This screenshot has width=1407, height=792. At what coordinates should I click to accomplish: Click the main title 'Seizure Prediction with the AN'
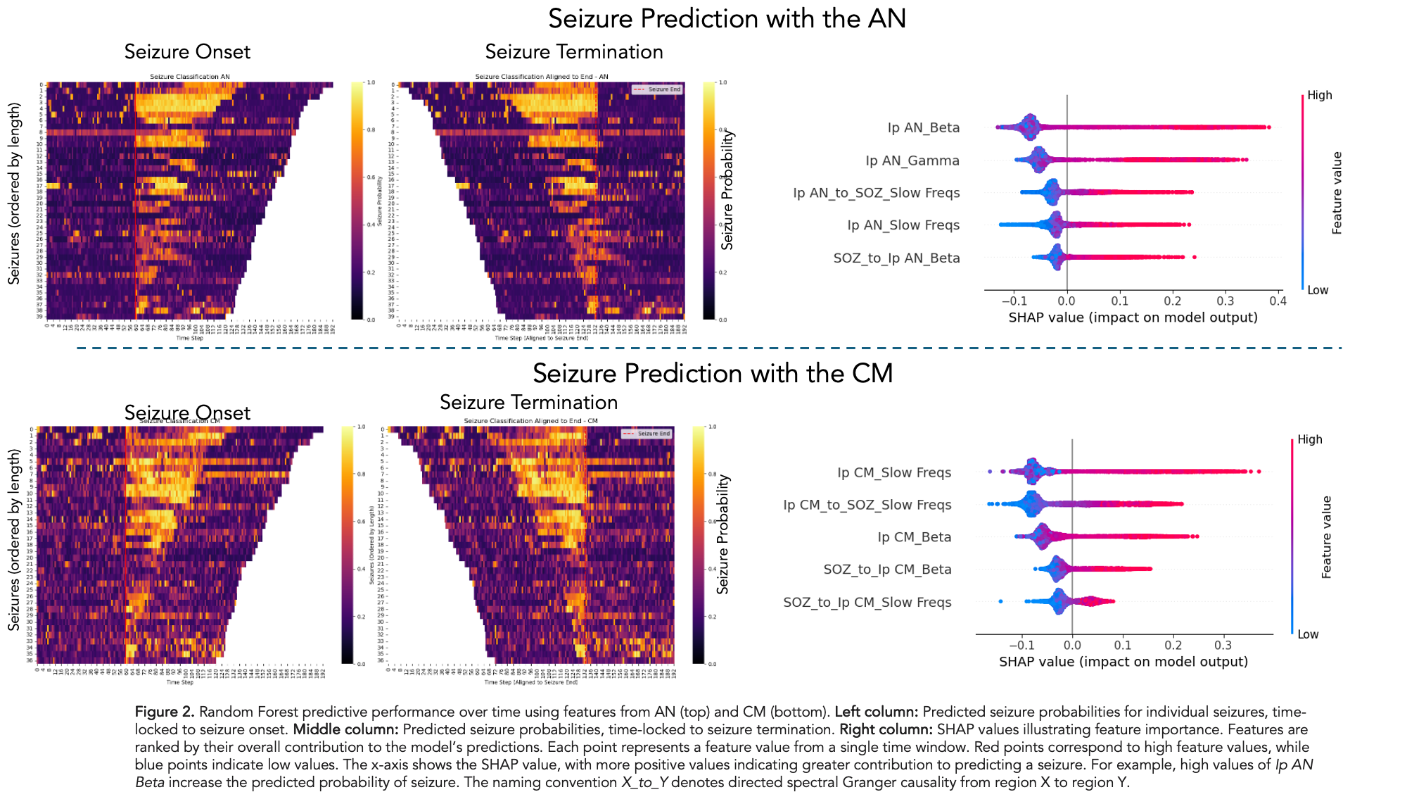[727, 19]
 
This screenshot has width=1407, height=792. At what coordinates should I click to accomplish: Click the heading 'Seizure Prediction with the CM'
[712, 373]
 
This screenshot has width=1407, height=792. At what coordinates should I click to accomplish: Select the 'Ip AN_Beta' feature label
[923, 127]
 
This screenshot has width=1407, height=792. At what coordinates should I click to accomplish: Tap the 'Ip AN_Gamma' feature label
[912, 161]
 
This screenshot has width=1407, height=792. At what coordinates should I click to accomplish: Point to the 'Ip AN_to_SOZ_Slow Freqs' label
[876, 193]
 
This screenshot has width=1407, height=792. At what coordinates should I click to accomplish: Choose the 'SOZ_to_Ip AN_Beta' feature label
[896, 258]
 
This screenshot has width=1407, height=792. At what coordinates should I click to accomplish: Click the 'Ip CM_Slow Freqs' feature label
[893, 472]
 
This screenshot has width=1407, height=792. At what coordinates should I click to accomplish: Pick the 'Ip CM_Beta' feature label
[914, 537]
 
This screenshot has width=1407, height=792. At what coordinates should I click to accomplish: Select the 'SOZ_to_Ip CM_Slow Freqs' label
[867, 602]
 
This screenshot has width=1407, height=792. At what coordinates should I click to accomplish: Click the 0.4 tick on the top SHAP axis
[1278, 301]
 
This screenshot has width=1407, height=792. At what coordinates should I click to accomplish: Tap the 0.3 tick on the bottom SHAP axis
[1223, 646]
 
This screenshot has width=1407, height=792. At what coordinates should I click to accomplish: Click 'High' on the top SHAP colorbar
[1320, 96]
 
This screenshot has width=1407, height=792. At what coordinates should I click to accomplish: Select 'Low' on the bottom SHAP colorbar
[1308, 634]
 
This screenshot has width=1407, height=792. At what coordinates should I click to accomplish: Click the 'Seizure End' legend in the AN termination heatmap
[656, 89]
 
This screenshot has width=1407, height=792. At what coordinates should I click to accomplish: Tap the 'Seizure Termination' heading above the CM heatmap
[528, 403]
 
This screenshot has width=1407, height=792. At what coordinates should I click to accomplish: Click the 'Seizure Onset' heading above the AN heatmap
[187, 52]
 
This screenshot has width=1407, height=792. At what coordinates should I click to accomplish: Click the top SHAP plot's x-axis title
[1133, 318]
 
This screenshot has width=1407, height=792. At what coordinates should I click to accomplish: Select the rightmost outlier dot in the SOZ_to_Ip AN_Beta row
[1195, 257]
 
